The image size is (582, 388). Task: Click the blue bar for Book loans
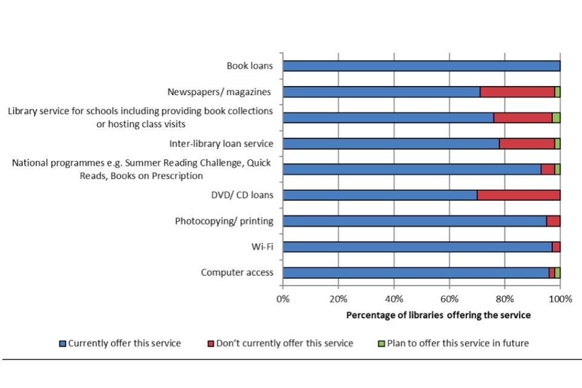(x=421, y=66)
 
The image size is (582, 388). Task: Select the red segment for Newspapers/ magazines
(x=517, y=92)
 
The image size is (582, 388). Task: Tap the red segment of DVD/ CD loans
(x=518, y=195)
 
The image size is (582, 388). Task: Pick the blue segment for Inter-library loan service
(x=391, y=144)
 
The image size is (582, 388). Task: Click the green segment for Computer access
(x=558, y=273)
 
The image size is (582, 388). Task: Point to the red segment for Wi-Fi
(x=556, y=247)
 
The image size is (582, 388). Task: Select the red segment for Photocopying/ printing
(x=553, y=221)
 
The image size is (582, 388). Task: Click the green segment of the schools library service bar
(x=556, y=118)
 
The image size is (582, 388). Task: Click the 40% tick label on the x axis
(x=393, y=299)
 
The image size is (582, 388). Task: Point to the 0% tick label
(x=283, y=299)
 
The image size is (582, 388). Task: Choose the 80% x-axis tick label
(x=505, y=299)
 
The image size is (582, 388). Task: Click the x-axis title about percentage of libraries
(x=438, y=315)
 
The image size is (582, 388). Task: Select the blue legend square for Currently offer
(x=62, y=344)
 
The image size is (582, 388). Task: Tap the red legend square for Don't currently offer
(x=210, y=344)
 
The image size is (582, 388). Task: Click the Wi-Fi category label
(x=263, y=247)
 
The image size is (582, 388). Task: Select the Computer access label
(x=237, y=273)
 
